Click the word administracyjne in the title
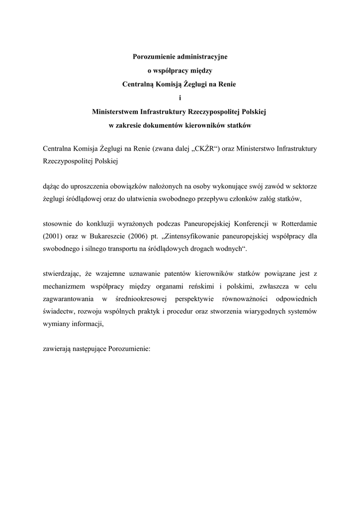[198, 57]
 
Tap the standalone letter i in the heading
[180, 98]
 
